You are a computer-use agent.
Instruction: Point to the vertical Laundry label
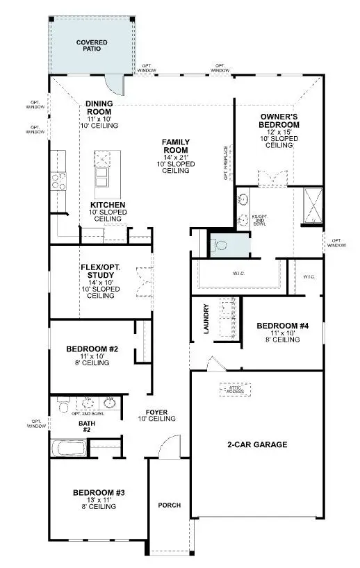click(x=206, y=319)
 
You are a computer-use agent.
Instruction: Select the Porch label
click(x=170, y=505)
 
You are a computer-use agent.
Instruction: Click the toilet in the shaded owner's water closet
click(x=218, y=244)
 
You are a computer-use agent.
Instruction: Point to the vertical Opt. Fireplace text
click(x=226, y=162)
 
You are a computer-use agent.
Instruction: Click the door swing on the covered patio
click(x=123, y=85)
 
